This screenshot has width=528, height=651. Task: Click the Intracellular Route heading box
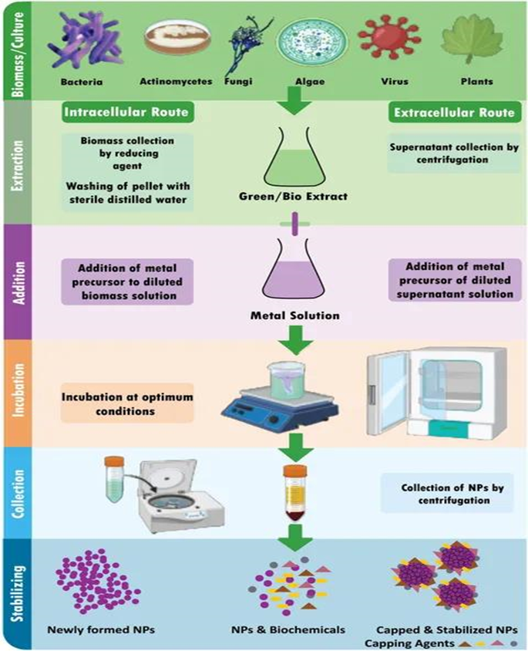pyautogui.click(x=126, y=113)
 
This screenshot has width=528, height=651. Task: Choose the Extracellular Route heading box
pyautogui.click(x=453, y=113)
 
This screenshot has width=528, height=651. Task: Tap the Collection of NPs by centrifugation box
pyautogui.click(x=446, y=494)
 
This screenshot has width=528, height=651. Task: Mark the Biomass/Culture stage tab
pyautogui.click(x=16, y=50)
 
